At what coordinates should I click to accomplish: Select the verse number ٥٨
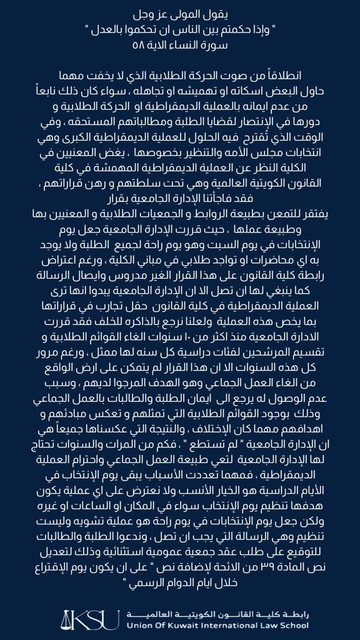(138, 46)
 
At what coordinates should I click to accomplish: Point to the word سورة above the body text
(219, 46)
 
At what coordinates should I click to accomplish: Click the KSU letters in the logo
(98, 618)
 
